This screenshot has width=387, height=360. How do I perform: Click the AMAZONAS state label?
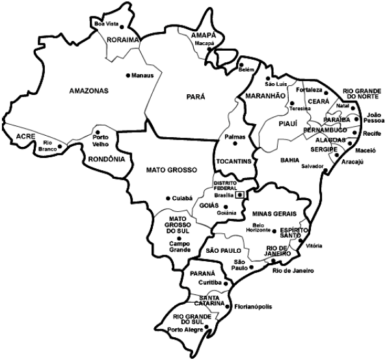coord(89,91)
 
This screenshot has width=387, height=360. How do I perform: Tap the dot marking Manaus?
coord(127,75)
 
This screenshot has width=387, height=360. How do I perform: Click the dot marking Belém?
coord(240,66)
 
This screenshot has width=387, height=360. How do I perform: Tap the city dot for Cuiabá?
coord(168,198)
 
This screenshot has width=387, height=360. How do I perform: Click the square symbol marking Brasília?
coord(240,194)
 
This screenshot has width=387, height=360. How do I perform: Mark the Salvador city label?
coord(312,166)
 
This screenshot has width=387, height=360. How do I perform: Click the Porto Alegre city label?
coord(185,329)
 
